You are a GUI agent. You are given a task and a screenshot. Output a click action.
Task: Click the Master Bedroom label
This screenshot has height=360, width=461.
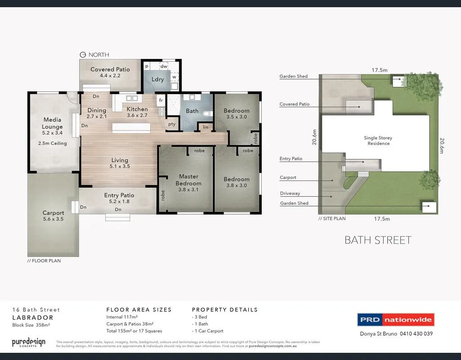(188, 180)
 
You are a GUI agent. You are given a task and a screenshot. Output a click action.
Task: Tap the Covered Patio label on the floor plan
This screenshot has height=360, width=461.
(110, 69)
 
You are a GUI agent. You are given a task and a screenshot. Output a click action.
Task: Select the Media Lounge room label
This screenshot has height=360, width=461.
(52, 123)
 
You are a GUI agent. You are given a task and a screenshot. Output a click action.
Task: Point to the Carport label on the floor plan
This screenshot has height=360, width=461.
(53, 213)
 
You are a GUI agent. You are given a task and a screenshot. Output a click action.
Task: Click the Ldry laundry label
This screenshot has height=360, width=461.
(158, 80)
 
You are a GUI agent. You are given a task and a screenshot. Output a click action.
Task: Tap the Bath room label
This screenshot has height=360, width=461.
(192, 111)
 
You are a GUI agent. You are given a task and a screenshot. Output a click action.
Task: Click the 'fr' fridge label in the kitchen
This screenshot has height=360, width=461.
(161, 100)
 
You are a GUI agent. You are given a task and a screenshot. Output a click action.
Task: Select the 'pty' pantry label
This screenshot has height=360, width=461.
(172, 124)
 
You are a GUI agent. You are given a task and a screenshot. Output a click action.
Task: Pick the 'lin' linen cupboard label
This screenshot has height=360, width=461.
(205, 127)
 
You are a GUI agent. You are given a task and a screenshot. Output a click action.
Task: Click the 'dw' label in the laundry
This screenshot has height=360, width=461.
(164, 67)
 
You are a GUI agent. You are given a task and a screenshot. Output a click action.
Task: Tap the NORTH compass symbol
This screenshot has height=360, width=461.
(82, 55)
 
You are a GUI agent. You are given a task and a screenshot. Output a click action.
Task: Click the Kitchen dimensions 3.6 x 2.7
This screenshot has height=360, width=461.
(137, 116)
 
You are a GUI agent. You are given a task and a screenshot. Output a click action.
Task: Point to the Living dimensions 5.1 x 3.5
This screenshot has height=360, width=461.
(119, 166)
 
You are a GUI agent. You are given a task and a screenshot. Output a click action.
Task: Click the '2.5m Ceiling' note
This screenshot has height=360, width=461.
(52, 144)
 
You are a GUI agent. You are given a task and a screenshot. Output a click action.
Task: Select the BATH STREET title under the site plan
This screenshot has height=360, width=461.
(378, 240)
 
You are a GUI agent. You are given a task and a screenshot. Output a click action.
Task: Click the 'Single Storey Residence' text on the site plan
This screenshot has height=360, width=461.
(377, 140)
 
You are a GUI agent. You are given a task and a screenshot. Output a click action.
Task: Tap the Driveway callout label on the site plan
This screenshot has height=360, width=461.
(289, 193)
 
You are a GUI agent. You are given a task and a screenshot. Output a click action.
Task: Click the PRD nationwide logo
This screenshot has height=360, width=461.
(396, 320)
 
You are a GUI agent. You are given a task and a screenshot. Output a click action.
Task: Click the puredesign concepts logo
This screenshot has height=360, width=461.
(28, 342)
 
